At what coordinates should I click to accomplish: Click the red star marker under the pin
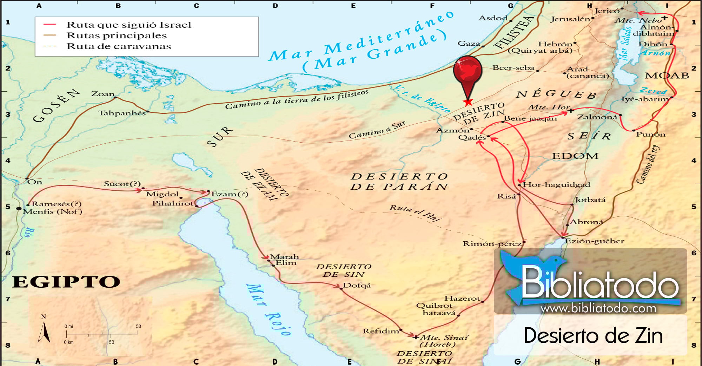click(468, 102)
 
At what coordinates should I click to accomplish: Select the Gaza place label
click(469, 44)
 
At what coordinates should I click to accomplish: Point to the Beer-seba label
click(513, 67)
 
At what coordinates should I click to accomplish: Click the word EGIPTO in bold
click(66, 282)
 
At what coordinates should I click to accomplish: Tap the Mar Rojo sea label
click(269, 309)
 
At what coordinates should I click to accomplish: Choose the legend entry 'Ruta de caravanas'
click(119, 46)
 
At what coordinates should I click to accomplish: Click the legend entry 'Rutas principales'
click(117, 35)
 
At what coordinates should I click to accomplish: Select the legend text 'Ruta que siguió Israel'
click(129, 25)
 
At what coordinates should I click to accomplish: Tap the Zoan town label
click(103, 94)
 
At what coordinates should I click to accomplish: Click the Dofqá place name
click(357, 285)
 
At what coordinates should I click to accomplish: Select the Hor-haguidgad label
click(556, 184)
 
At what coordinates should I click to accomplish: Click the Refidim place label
click(381, 331)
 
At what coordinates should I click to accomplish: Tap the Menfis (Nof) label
click(53, 211)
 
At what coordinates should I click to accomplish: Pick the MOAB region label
click(667, 76)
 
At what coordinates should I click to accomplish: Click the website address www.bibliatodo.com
click(598, 308)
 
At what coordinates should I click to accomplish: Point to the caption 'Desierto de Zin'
click(593, 335)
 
